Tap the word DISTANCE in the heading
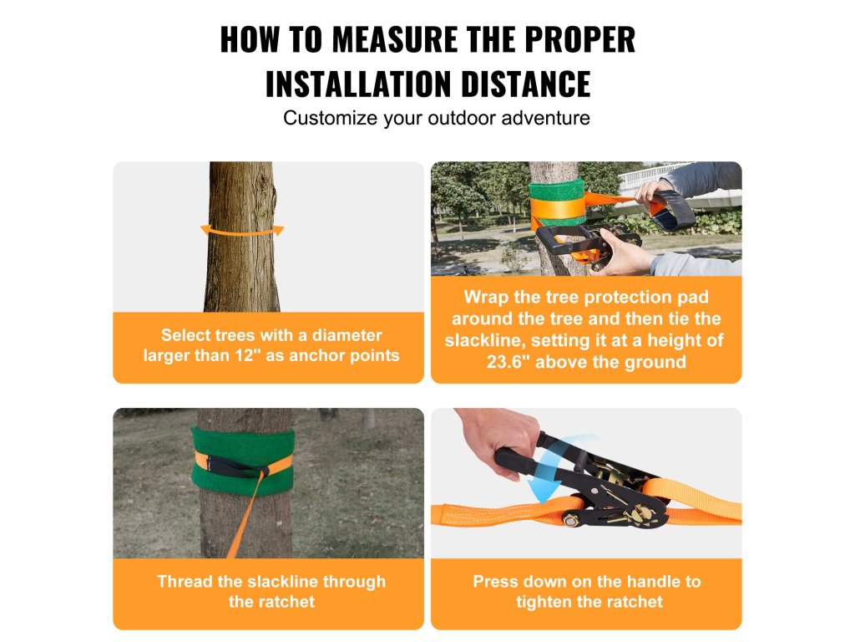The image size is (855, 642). [526, 84]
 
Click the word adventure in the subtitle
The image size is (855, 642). [545, 118]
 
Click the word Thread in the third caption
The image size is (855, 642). [185, 582]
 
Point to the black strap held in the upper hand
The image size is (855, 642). [675, 209]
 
